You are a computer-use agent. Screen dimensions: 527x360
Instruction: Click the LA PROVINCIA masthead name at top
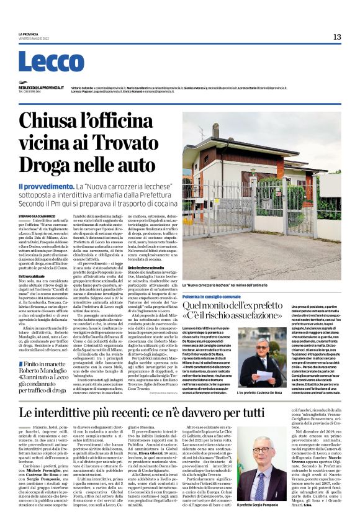(29, 34)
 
